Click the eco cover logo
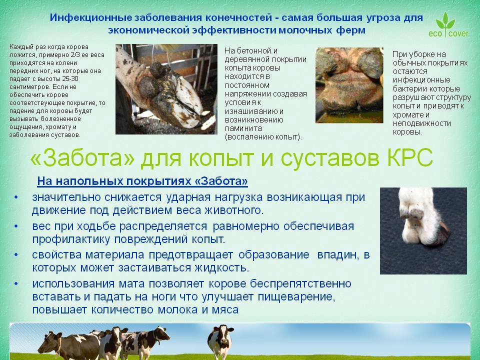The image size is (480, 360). tap(448, 24)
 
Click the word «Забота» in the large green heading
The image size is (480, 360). tap(82, 157)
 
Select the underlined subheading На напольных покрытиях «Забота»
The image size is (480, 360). tap(142, 181)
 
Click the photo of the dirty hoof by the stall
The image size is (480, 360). tap(166, 89)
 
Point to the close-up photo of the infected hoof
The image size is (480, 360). tap(349, 85)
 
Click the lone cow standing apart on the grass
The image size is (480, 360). tap(220, 341)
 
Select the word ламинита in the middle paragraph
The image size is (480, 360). tap(243, 128)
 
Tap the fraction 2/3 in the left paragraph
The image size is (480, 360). tap(75, 55)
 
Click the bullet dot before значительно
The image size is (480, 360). tap(16, 197)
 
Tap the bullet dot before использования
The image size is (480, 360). tap(16, 284)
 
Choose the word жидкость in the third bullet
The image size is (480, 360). tap(221, 268)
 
